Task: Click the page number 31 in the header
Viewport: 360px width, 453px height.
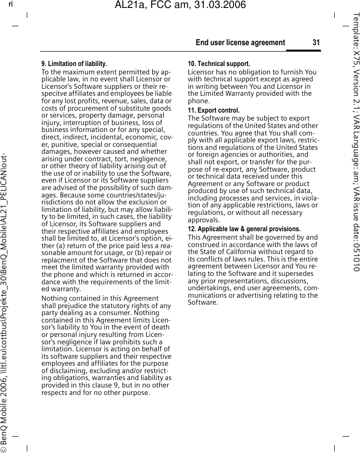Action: coord(316,43)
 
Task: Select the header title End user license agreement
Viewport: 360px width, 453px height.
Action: coord(240,43)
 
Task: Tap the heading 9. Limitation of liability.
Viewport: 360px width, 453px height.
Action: coord(74,64)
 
